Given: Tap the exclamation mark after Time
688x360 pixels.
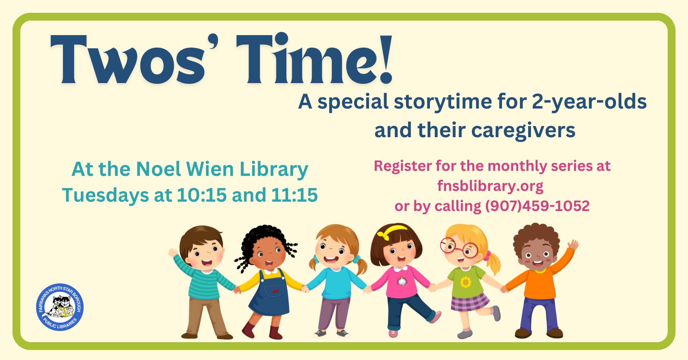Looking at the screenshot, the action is coord(385,59).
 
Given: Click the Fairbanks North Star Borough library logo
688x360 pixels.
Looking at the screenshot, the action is coord(60,307).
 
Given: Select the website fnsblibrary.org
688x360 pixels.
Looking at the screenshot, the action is coord(490,186).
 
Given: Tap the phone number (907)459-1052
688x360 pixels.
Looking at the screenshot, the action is coord(537,206).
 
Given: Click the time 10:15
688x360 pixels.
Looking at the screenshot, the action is coord(202,195).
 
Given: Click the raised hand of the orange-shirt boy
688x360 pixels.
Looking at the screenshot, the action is coord(573,245).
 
